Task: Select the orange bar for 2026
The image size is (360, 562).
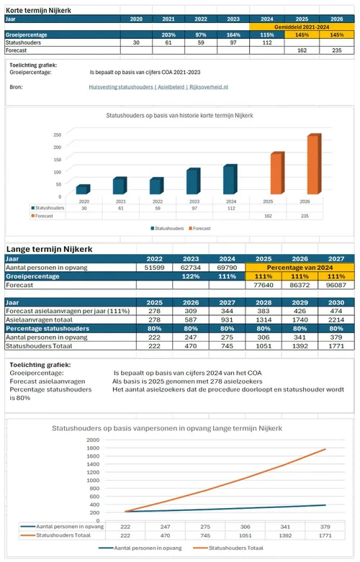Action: click(312, 165)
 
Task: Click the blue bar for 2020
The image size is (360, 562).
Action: click(83, 190)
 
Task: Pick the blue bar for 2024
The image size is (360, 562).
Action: click(229, 180)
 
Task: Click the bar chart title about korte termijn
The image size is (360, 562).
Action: click(180, 115)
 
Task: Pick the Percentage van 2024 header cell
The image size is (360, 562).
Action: click(302, 267)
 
